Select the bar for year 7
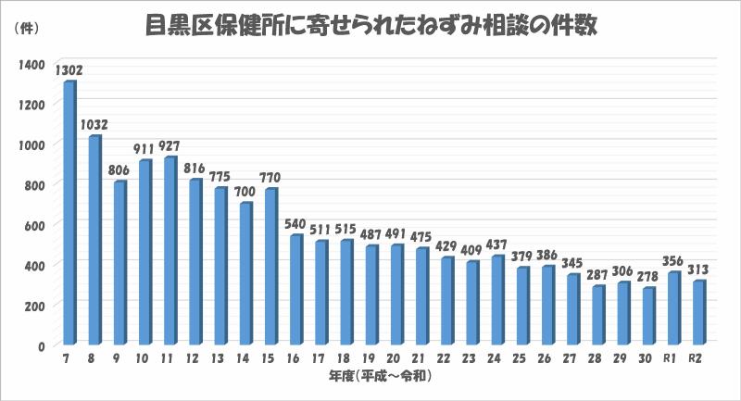point(69,213)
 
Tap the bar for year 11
point(169,250)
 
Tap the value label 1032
point(94,124)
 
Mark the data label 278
point(647,276)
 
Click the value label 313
point(697,269)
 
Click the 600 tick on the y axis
point(32,225)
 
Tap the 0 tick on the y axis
point(42,345)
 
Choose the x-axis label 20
point(396,359)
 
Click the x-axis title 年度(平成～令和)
point(381,376)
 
